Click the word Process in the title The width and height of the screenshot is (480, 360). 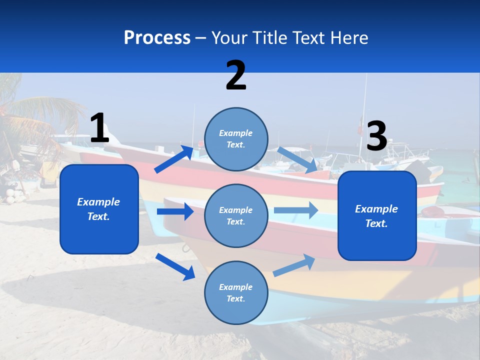coord(157,38)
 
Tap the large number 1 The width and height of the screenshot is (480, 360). coord(99,128)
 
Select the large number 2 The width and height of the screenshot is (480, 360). coord(236,75)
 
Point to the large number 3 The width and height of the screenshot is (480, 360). coord(376,136)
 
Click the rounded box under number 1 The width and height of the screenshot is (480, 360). coord(99,209)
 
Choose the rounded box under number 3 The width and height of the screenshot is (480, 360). coord(377,215)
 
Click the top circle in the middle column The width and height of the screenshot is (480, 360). coord(236,139)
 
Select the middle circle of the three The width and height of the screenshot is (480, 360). coord(236,215)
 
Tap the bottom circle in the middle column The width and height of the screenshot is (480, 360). coord(236,292)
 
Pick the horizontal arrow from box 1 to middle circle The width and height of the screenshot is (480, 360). coord(175,211)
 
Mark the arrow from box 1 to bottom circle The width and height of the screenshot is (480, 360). coord(175,266)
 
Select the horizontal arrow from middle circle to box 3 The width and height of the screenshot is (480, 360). coord(296,210)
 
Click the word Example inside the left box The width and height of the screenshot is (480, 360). coord(98,202)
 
